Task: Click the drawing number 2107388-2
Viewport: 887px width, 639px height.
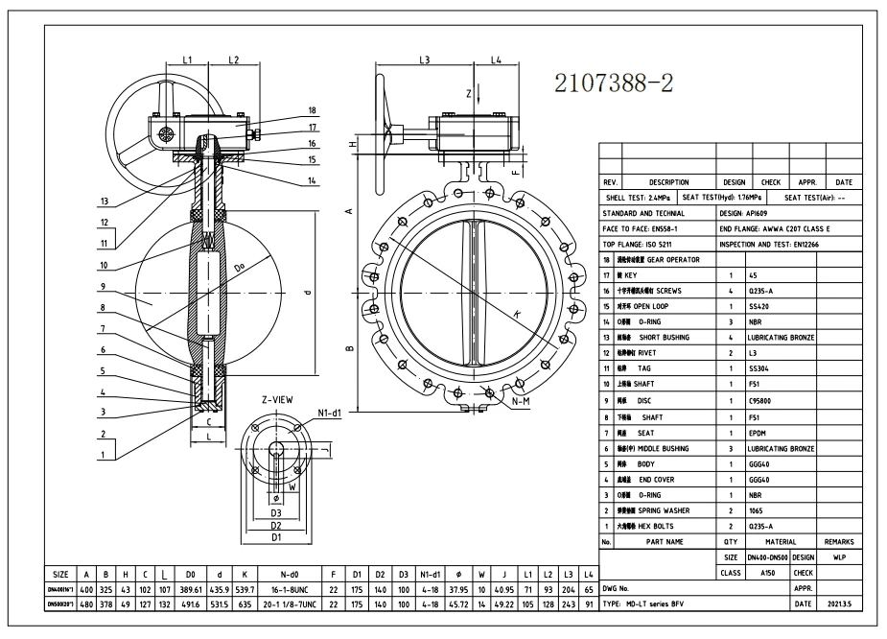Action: click(x=615, y=84)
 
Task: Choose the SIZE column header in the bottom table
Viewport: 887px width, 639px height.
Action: click(x=60, y=574)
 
